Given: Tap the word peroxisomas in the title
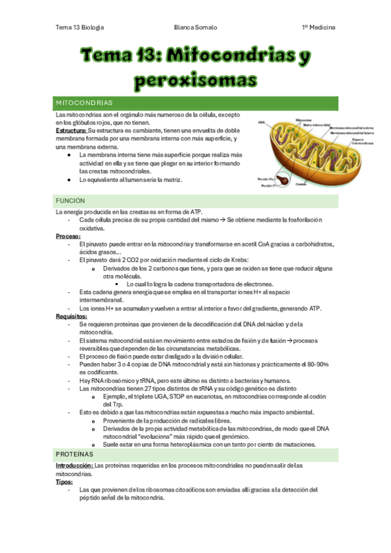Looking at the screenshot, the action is pos(195,80).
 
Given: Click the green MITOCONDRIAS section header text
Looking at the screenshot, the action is pos(86,103).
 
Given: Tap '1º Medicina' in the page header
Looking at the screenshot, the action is pos(318,28).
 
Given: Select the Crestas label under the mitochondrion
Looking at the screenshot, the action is pos(301,185).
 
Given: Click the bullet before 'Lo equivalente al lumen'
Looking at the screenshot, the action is pos(69,179).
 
